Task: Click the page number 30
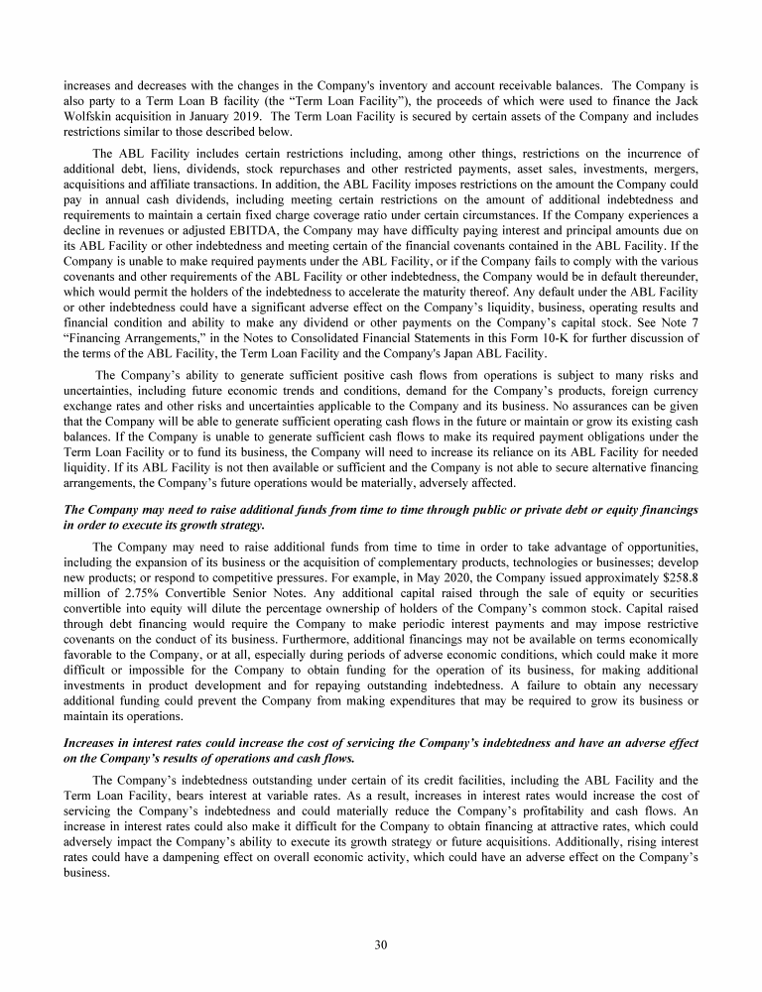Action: pos(381,943)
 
